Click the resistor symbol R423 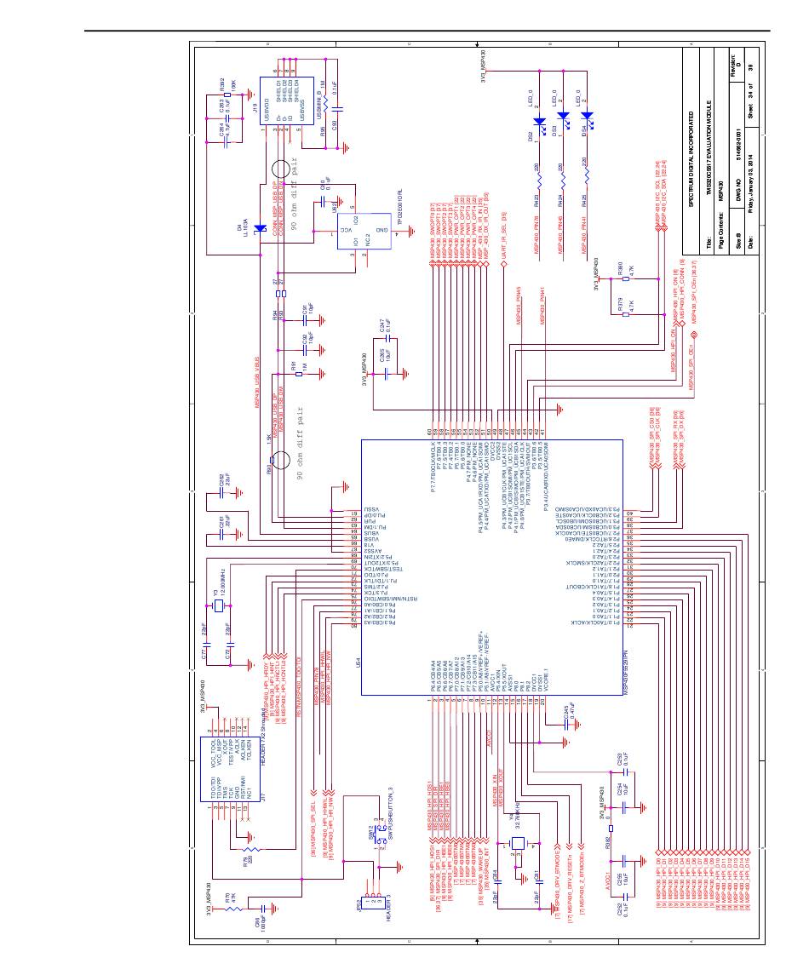click(x=539, y=179)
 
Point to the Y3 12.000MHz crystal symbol click(x=218, y=605)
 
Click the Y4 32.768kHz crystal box click(x=518, y=843)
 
